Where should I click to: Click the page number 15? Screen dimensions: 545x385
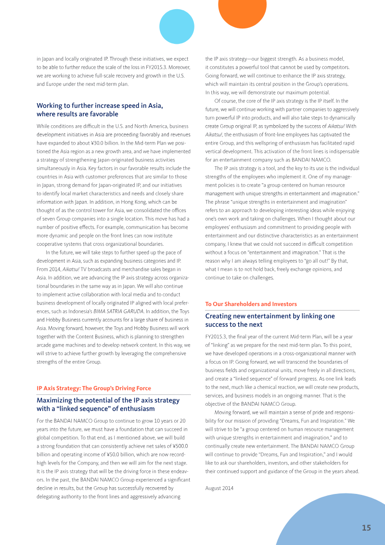tap(366, 528)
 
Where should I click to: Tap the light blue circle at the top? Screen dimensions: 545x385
tap(176, 27)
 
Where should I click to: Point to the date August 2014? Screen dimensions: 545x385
tap(219, 488)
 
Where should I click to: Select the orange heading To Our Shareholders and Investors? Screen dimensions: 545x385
tap(251, 304)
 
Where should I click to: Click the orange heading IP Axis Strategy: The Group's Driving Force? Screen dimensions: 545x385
tap(94, 388)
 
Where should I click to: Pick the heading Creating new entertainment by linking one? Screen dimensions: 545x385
tap(269, 316)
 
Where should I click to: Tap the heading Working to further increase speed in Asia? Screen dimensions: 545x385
tap(100, 106)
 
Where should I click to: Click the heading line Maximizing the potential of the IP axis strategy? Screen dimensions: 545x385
tap(108, 400)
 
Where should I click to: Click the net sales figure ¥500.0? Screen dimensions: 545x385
tap(180, 446)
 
